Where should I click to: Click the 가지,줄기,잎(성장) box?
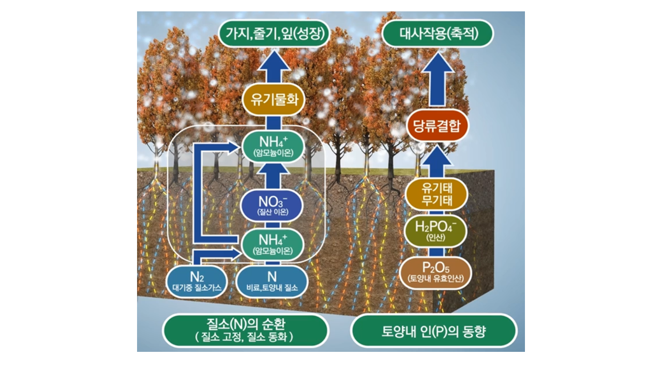coord(274,34)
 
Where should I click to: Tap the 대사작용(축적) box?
coord(438,34)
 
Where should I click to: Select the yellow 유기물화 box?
coord(273,100)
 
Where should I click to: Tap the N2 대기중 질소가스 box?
coord(197,281)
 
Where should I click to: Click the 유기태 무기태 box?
coord(437,195)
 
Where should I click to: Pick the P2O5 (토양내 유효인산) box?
coord(437,272)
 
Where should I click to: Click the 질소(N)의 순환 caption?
coord(246,330)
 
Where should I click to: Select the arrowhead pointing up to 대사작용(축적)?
coord(438,63)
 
